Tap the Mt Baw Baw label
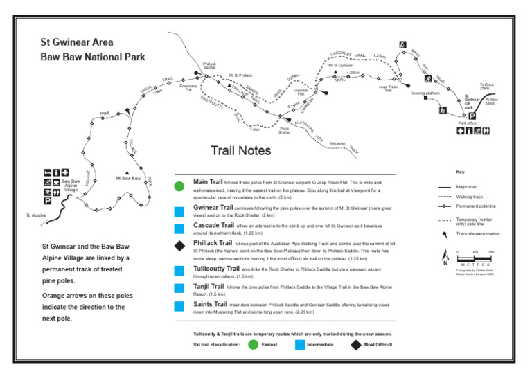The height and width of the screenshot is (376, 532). pos(127,178)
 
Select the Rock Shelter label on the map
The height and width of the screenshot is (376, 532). pos(285,129)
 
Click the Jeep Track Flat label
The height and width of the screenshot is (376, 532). pos(388,88)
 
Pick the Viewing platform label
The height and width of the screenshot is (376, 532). pos(425,92)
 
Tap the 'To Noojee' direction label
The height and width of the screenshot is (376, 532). pos(35,215)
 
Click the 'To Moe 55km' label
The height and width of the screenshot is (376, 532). pos(491,101)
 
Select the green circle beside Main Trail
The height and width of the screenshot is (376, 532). pos(179,186)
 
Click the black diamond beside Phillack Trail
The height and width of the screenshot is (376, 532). pos(179,246)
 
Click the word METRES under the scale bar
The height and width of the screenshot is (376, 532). pos(475,265)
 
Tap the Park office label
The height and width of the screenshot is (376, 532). pos(468,123)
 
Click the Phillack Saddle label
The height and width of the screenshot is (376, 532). pos(209,66)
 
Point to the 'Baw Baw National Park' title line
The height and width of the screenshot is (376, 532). pos(93,57)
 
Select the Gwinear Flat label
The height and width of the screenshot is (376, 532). pos(301,91)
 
